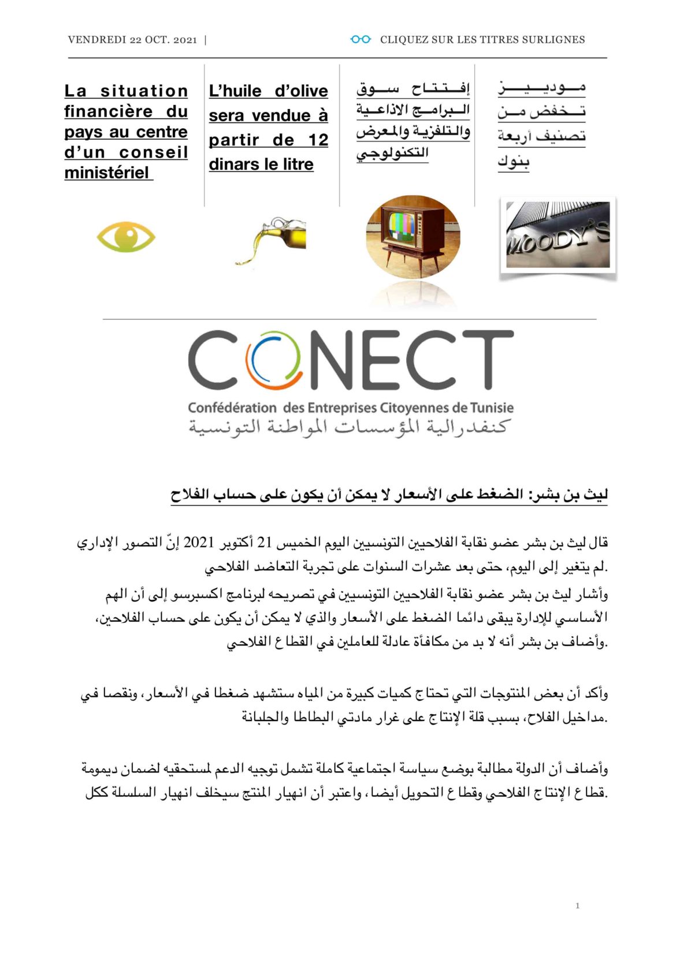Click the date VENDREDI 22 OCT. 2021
(x=132, y=40)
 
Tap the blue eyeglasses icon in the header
(x=361, y=39)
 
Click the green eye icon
(x=126, y=237)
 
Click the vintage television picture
(x=413, y=237)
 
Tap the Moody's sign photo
(x=558, y=236)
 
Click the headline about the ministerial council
(x=126, y=132)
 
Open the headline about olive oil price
(x=268, y=128)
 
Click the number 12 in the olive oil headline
(x=318, y=140)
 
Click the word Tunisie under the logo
(x=491, y=408)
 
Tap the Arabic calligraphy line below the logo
(x=349, y=428)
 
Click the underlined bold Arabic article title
(x=388, y=495)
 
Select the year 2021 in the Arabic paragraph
(x=199, y=542)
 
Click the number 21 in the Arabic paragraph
(x=264, y=542)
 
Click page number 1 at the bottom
(x=577, y=905)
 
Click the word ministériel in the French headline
(x=107, y=173)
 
